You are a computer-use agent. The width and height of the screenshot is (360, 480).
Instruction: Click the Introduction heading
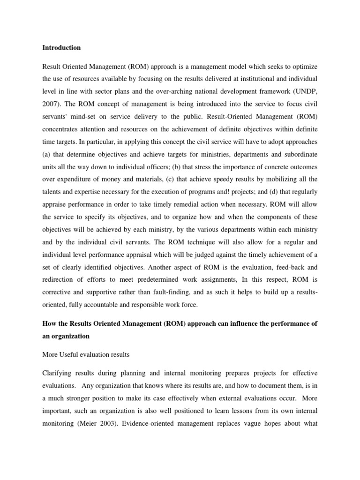(x=61, y=48)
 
